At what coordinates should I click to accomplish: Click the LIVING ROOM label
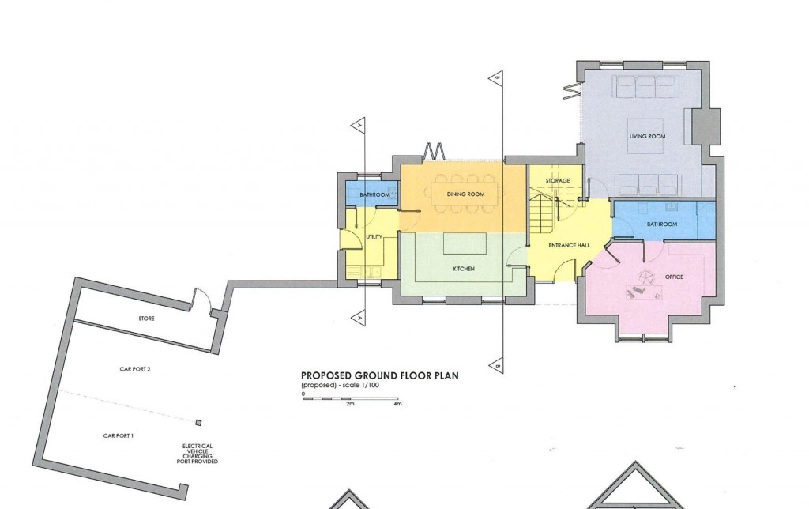point(647,137)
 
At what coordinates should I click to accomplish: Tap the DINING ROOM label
point(465,194)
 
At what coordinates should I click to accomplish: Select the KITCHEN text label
point(464,270)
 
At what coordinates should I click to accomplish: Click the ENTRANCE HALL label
point(570,246)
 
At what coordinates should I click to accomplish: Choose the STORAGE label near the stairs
point(558,181)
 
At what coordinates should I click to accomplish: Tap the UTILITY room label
point(374,237)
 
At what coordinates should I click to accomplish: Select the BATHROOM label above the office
point(662,224)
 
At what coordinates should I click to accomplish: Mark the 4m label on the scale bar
point(397,404)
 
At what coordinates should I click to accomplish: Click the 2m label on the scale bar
point(350,404)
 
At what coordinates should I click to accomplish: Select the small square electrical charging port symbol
point(199,422)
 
